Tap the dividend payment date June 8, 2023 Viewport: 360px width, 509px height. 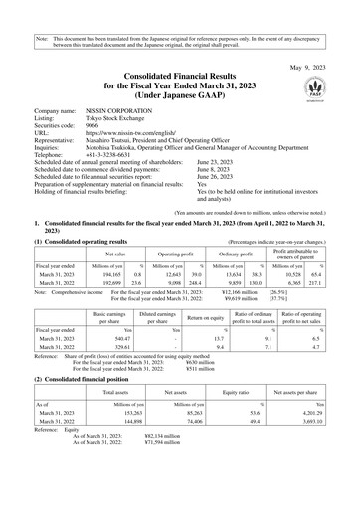[246, 171]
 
